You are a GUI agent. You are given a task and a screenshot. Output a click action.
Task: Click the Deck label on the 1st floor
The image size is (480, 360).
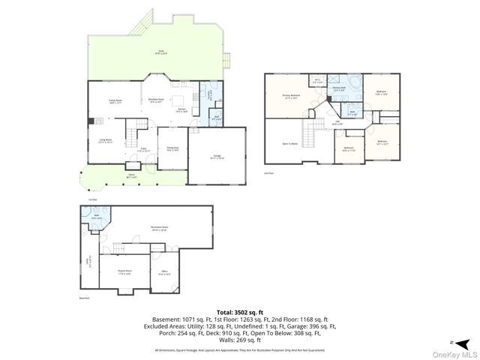[160, 52]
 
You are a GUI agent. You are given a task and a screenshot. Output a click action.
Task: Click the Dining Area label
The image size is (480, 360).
[172, 148]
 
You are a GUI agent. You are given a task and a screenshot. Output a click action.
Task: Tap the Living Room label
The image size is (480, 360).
[105, 141]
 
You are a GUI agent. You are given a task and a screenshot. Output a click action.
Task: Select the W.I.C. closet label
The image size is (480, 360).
[318, 81]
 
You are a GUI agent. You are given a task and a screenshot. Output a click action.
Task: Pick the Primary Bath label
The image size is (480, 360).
[339, 88]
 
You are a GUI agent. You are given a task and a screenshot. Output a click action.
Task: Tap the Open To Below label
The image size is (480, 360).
[290, 143]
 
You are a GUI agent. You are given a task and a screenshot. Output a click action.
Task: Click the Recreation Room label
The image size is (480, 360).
[159, 229]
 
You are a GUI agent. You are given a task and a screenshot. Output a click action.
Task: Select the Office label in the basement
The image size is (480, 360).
[165, 274]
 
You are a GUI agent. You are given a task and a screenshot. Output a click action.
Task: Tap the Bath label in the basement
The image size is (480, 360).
[96, 217]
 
